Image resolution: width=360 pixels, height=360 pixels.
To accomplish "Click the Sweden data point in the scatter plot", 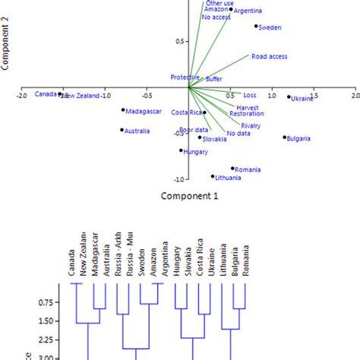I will (256, 27).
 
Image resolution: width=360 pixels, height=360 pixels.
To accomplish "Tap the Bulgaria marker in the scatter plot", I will (285, 137).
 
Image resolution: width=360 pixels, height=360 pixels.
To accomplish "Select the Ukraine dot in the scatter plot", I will (289, 97).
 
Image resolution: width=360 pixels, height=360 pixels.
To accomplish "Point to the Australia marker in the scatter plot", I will (122, 130).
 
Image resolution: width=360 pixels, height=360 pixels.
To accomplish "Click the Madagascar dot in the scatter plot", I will (122, 110).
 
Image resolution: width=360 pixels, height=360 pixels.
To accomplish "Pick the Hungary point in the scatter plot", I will (181, 150).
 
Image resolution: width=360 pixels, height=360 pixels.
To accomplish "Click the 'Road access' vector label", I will (269, 56).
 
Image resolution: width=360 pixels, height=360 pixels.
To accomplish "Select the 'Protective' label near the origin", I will (185, 77).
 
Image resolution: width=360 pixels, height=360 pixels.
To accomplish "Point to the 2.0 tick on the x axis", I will (355, 96).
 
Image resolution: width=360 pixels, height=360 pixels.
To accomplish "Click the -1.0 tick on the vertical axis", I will (178, 179).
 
